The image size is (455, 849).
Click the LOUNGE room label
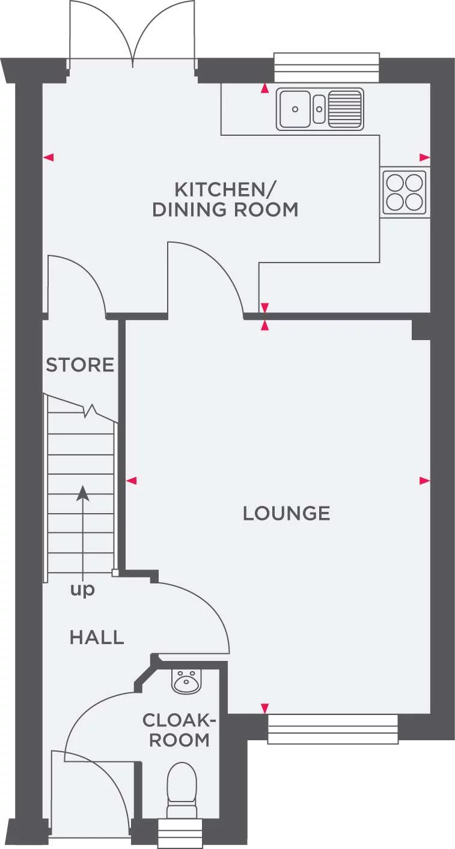click(x=286, y=513)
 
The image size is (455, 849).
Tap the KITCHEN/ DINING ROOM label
click(x=225, y=200)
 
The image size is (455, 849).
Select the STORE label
click(x=80, y=365)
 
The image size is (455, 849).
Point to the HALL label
click(x=97, y=637)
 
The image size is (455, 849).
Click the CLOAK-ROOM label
click(x=179, y=729)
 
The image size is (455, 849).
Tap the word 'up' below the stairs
click(x=82, y=590)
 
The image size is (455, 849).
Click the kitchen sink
click(x=320, y=109)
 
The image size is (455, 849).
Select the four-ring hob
click(x=405, y=192)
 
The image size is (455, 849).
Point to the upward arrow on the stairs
click(x=83, y=494)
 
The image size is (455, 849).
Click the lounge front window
click(x=332, y=729)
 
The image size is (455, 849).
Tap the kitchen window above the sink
click(x=327, y=67)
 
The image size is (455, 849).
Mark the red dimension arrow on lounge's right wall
click(x=424, y=481)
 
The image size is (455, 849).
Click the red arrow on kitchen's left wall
click(x=49, y=157)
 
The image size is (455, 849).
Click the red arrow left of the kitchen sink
click(x=264, y=89)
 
